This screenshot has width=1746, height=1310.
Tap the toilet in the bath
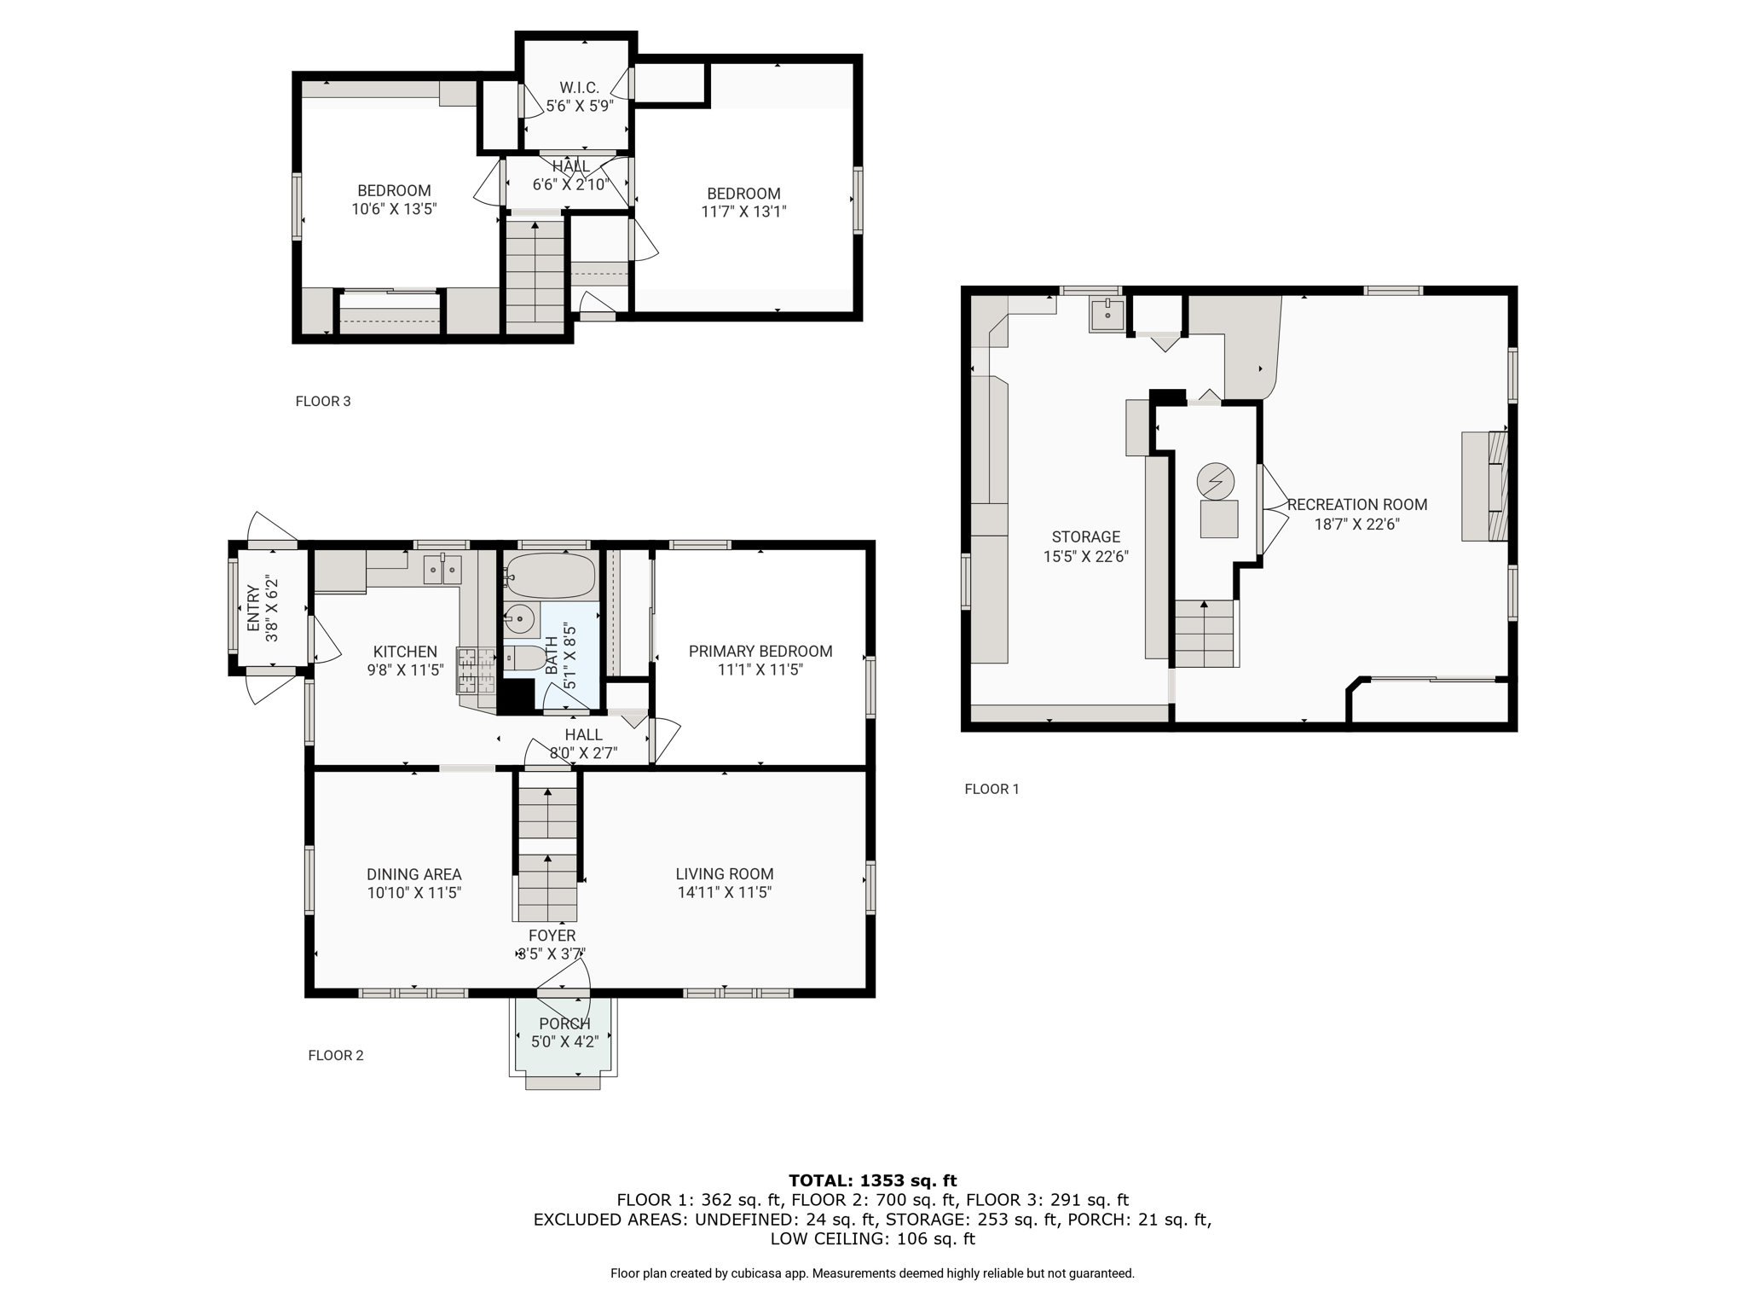524,658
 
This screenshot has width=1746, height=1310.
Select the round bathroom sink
519,617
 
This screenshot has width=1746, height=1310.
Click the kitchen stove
477,670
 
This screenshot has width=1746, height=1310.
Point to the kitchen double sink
442,570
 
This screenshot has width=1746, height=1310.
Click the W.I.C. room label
580,88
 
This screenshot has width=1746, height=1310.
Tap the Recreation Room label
1357,505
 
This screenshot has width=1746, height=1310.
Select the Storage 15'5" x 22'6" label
1086,547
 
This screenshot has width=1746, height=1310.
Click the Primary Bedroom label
760,652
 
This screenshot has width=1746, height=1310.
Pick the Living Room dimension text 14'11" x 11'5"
725,893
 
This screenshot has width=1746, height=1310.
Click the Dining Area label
414,874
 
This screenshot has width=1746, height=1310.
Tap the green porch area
564,1035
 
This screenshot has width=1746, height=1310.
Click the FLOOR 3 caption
323,401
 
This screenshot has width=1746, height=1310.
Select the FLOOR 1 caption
992,789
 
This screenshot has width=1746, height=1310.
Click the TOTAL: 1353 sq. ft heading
873,1180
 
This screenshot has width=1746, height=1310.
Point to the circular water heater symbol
1216,482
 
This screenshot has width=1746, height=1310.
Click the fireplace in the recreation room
1485,486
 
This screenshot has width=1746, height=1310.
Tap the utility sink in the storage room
1107,314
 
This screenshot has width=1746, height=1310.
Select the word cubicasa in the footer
760,1273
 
